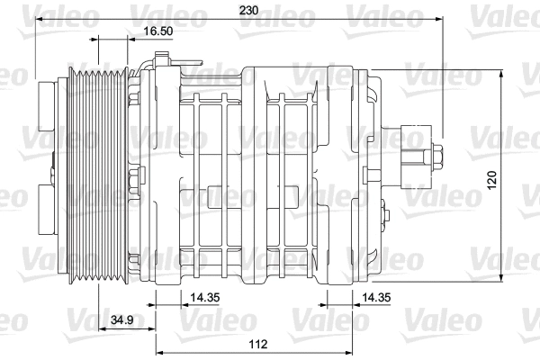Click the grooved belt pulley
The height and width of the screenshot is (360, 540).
99,171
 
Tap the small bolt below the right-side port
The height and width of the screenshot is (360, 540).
385,216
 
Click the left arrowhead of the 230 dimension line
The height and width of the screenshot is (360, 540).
36,19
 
